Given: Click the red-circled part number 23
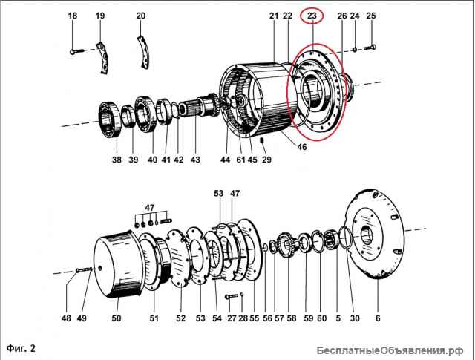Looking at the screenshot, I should (x=312, y=15).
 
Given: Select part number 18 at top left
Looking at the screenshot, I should (x=72, y=16).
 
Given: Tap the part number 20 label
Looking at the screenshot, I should (x=140, y=16).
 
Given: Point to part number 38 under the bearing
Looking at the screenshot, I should (x=116, y=160).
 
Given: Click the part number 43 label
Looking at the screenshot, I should (x=195, y=160).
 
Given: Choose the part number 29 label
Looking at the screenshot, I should (x=267, y=160).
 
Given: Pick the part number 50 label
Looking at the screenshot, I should (x=116, y=318).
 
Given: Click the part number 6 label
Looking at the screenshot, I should (x=377, y=318).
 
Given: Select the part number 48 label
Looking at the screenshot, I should (x=66, y=318).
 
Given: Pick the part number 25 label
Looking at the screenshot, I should (x=371, y=16).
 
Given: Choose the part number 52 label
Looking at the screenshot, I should (x=180, y=318).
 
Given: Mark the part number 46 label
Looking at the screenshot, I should (x=301, y=148).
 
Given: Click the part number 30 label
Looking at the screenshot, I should (x=355, y=318).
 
